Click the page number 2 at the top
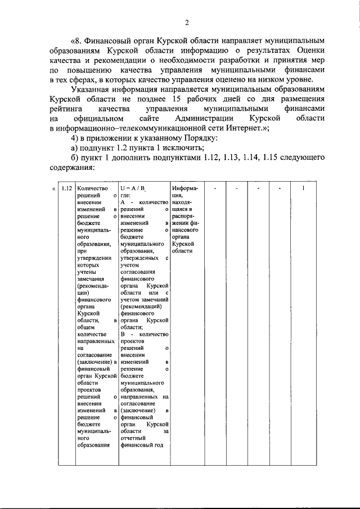coord(187,22)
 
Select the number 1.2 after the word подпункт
coord(139,148)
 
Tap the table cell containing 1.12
coord(66,189)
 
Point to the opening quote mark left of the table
coord(53,189)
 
